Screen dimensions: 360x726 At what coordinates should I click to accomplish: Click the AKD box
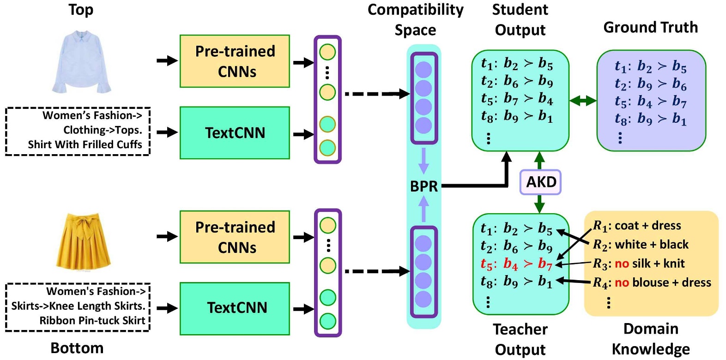point(540,182)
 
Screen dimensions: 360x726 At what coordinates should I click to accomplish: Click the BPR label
point(423,186)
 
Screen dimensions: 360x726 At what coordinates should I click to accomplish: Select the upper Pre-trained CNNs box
point(235,61)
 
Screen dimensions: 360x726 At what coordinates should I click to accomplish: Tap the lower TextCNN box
point(235,307)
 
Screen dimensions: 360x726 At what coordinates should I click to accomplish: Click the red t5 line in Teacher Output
point(516,264)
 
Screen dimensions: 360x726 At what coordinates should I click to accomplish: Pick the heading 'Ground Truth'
point(650,27)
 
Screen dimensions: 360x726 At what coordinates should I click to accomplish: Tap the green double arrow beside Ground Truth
point(583,100)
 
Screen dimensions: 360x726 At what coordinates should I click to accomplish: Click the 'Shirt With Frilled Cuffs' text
point(85,144)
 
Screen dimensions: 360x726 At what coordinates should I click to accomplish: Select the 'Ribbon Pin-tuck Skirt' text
point(92,320)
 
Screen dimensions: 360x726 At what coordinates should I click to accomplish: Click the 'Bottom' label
point(77,348)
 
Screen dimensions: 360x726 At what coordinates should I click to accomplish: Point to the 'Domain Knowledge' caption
point(651,339)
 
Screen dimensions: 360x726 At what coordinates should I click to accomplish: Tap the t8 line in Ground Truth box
point(650,119)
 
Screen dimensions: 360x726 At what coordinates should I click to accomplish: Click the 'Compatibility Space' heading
point(415,19)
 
